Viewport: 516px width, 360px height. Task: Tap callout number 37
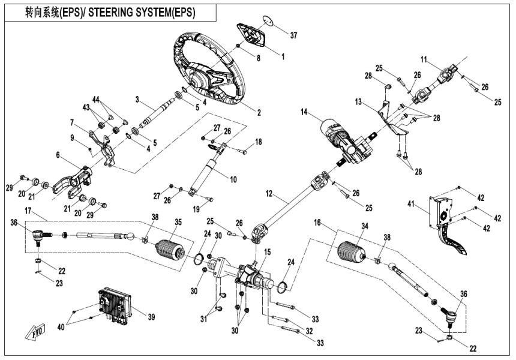(293, 35)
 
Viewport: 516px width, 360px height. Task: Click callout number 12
(269, 194)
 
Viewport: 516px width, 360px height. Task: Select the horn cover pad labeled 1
(253, 37)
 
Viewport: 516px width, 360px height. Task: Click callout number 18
(259, 141)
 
